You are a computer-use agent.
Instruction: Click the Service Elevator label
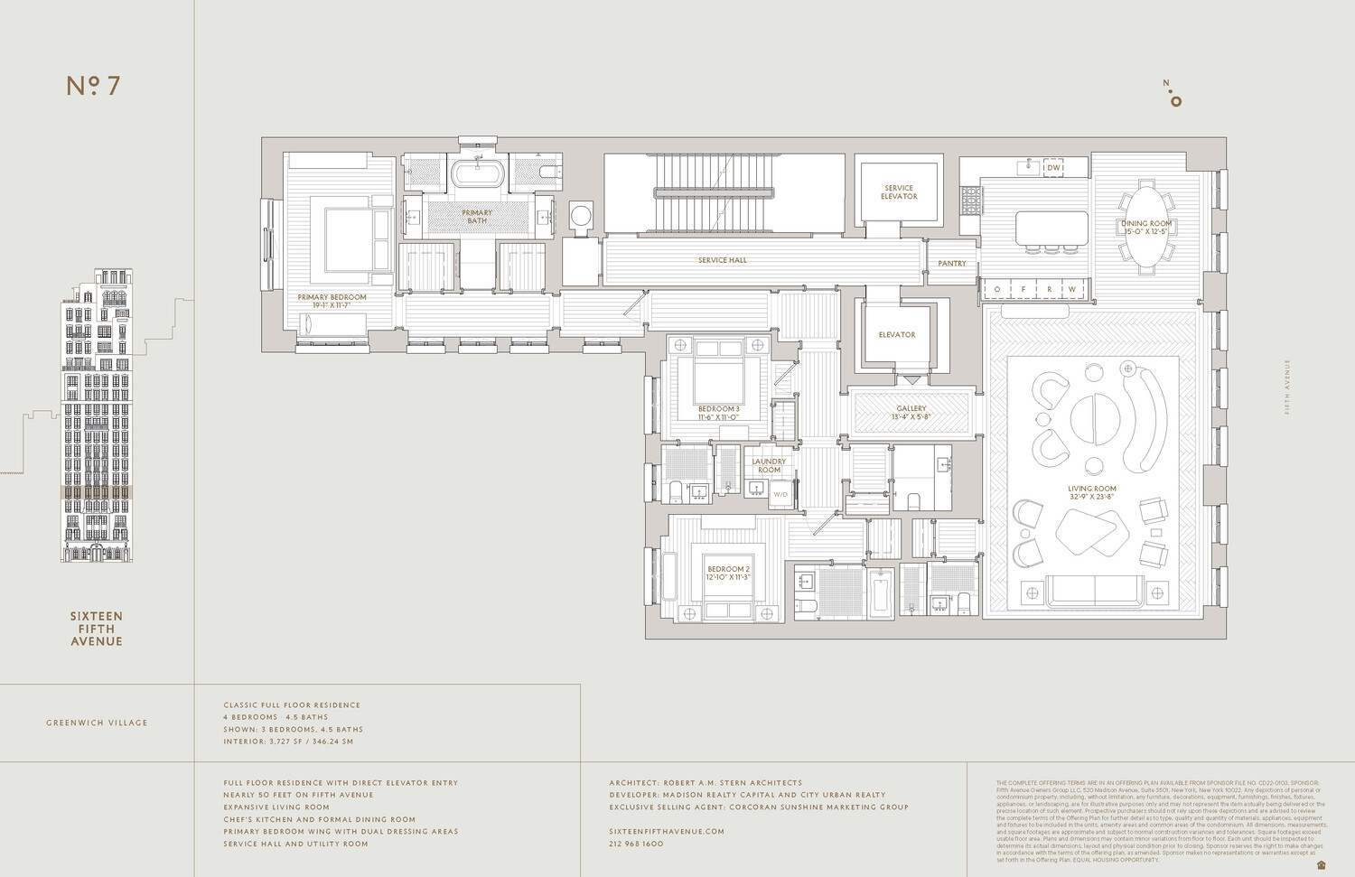point(899,192)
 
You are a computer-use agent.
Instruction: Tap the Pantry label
point(952,264)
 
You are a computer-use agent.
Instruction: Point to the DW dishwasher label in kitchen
point(1053,168)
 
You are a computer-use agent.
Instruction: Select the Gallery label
point(911,413)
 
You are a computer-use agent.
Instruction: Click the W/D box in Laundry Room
point(780,494)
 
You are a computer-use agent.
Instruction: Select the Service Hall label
point(723,260)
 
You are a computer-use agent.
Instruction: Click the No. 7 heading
point(93,86)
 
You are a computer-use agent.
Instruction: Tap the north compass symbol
point(1173,94)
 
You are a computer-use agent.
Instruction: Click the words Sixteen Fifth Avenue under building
point(97,629)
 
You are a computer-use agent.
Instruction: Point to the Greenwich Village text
point(97,723)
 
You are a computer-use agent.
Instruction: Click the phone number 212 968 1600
point(636,844)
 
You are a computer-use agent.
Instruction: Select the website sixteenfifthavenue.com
point(667,831)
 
